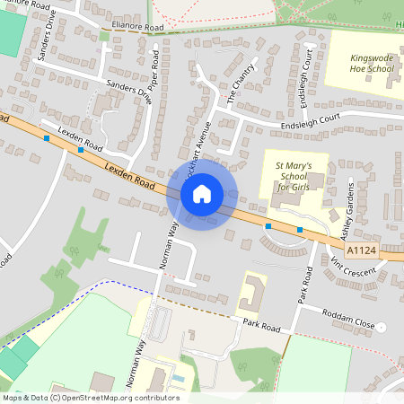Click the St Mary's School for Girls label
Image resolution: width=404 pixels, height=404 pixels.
point(293,175)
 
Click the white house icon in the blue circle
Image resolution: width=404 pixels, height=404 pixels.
point(202,194)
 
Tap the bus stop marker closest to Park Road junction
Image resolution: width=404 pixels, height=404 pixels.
point(300,231)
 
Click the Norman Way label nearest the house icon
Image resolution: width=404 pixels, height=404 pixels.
point(167,246)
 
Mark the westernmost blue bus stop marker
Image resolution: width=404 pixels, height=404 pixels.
point(47,138)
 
